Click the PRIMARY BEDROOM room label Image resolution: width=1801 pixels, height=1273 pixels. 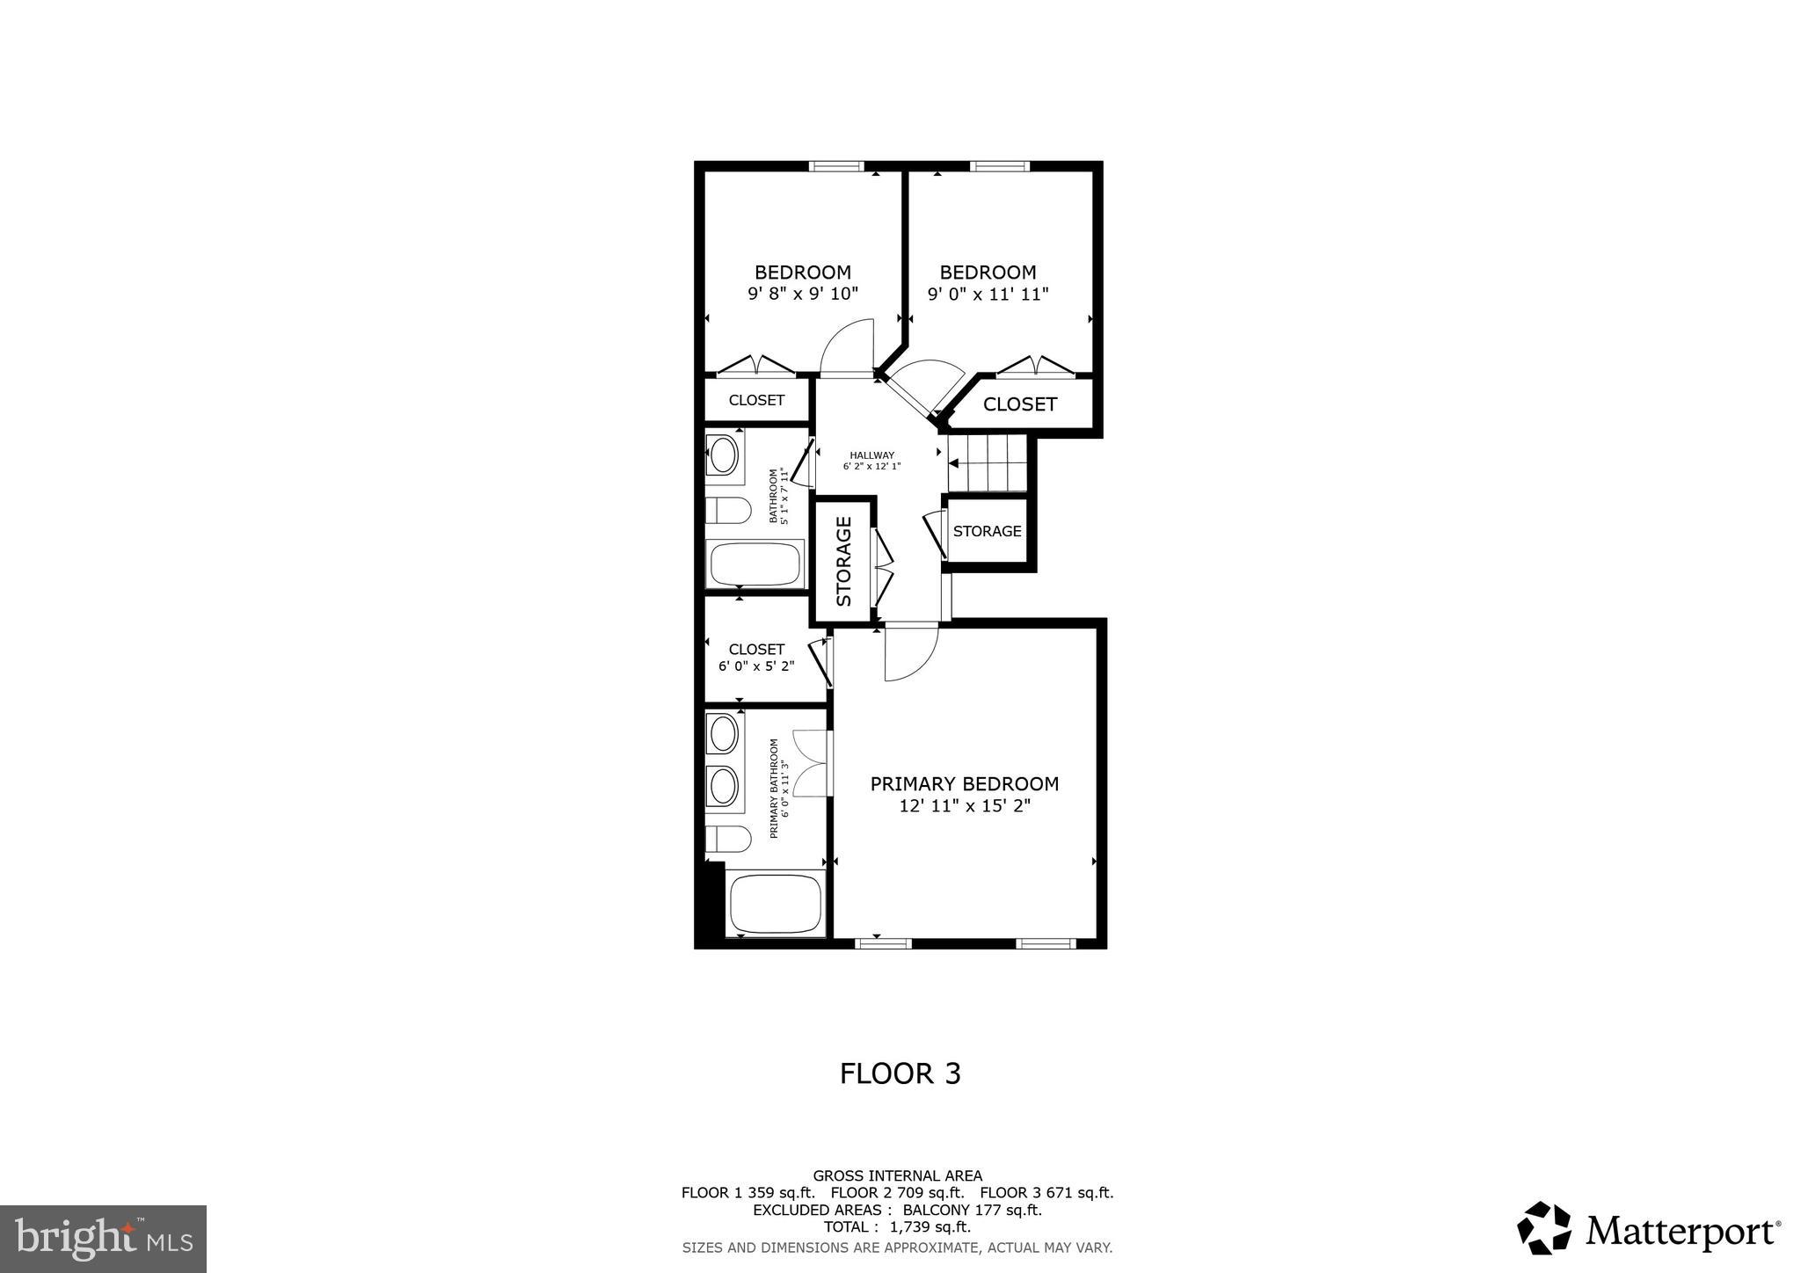click(x=964, y=783)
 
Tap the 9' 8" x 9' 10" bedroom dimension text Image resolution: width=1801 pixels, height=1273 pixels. click(x=802, y=294)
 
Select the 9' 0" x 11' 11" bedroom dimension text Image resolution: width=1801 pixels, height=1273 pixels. click(x=988, y=294)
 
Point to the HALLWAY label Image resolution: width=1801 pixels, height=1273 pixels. click(x=871, y=455)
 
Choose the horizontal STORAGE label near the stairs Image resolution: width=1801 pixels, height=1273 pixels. click(x=987, y=531)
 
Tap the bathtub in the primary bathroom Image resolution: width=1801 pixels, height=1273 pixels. click(x=776, y=903)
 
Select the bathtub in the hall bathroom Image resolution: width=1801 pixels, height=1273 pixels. click(x=756, y=564)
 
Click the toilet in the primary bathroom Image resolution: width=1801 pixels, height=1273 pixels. click(x=728, y=839)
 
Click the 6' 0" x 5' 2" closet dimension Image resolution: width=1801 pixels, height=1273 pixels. click(x=756, y=666)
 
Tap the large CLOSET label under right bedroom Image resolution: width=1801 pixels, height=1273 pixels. click(x=1019, y=404)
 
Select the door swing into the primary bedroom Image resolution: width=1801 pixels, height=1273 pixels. click(x=909, y=652)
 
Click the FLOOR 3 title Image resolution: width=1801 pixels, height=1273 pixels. click(x=900, y=1073)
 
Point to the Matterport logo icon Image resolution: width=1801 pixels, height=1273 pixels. click(x=1544, y=1228)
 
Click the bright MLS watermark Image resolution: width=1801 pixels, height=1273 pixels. click(x=103, y=1240)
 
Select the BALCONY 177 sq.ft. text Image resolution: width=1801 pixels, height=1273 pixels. click(x=972, y=1210)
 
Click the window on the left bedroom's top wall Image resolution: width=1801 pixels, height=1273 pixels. click(x=836, y=166)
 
